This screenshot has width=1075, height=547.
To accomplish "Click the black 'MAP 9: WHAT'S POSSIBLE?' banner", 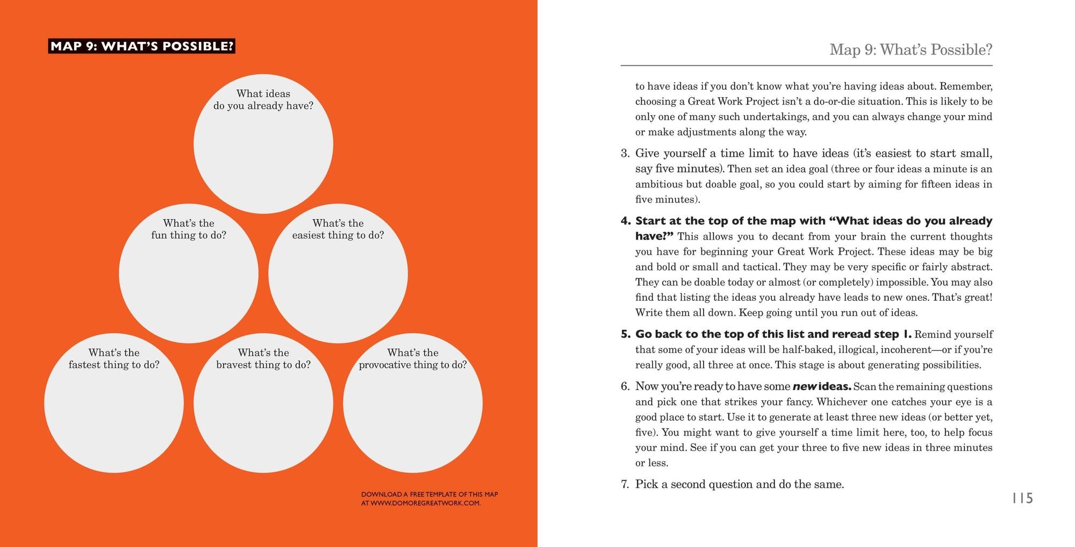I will click(141, 46).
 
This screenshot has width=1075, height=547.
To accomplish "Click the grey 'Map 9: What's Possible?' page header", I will click(911, 49).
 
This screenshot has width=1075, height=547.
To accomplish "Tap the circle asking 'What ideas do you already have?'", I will click(263, 144).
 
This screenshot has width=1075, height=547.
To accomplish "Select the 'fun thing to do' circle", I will click(189, 273).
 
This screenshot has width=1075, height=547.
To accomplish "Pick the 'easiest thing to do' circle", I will click(338, 273).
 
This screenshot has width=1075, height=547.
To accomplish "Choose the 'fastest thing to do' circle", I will click(114, 403).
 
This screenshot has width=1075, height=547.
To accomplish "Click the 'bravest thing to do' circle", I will click(263, 403).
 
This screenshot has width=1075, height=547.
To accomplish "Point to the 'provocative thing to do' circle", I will click(413, 403).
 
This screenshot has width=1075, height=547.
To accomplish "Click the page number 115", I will click(1022, 498).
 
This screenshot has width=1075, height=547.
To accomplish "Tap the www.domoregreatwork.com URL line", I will click(420, 503).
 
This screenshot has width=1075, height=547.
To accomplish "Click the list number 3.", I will click(625, 153).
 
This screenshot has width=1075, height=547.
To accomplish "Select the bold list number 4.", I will click(625, 221).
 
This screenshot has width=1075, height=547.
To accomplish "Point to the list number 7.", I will click(625, 484).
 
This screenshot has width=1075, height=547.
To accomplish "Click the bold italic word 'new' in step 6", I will click(805, 386).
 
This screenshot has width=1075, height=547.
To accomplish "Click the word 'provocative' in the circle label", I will click(383, 365).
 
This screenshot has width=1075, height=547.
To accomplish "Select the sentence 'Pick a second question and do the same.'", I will click(739, 484).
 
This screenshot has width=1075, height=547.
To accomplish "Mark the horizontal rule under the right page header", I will click(806, 66).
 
